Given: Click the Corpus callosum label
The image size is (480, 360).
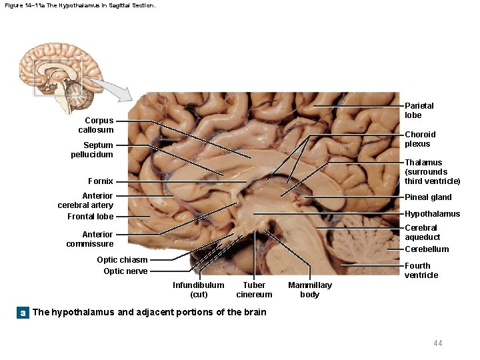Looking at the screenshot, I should click(96, 125).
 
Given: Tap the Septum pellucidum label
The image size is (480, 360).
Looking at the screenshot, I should click(92, 149).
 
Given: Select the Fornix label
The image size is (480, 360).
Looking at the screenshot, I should click(101, 181).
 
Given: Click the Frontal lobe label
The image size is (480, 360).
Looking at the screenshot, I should click(90, 217).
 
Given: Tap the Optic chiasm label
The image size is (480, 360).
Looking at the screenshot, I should click(122, 260).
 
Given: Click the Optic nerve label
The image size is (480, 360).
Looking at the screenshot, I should click(125, 271).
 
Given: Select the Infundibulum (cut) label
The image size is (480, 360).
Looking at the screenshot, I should click(199, 289).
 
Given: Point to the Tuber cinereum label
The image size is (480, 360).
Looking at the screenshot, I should click(254, 289).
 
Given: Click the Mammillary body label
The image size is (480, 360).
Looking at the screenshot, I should click(309, 289).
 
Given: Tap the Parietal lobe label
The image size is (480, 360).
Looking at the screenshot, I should click(419, 110).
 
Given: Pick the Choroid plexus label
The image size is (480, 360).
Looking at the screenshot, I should click(420, 139).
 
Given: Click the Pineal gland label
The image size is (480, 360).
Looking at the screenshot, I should click(428, 197).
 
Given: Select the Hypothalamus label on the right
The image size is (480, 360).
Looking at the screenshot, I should click(432, 214).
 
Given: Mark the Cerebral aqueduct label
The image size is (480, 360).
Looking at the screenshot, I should click(423, 233).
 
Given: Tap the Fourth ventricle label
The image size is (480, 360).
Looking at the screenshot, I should click(421, 270).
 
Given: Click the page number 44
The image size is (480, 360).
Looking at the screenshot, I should click(437, 343).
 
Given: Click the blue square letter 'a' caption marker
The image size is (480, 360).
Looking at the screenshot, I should click(23, 313).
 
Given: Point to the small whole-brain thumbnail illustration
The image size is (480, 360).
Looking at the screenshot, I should click(57, 70).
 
